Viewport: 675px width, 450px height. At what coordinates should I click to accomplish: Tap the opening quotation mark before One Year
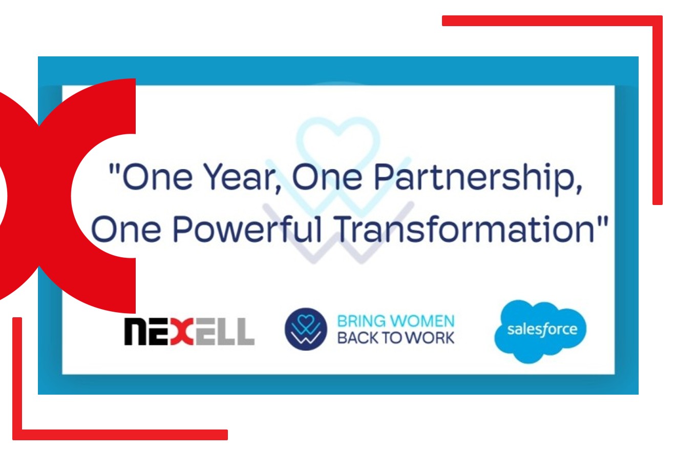pos(114,169)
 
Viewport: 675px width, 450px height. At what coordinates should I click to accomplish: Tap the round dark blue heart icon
pos(306,329)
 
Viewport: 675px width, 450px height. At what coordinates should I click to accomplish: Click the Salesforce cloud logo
pos(541,330)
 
